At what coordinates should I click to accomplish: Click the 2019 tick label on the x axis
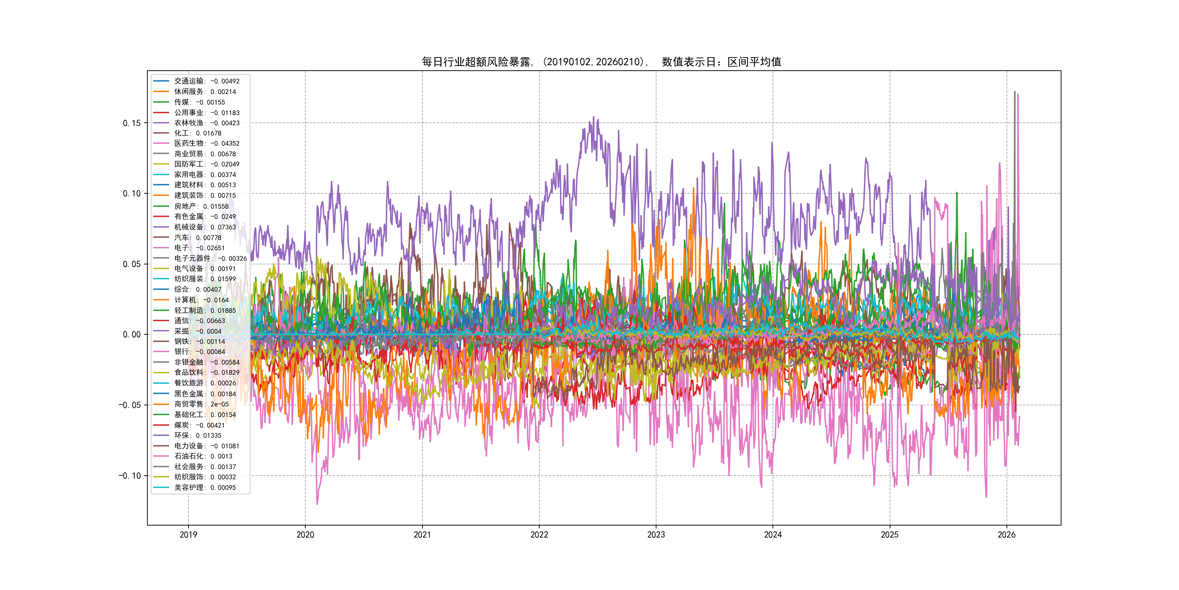pyautogui.click(x=188, y=535)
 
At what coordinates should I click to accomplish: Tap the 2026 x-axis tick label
pyautogui.click(x=1007, y=535)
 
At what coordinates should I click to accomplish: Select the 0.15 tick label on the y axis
pyautogui.click(x=132, y=123)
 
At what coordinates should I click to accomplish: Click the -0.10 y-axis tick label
pyautogui.click(x=130, y=476)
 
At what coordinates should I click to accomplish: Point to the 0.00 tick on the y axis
pyautogui.click(x=132, y=335)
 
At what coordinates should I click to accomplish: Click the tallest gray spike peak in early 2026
pyautogui.click(x=1015, y=92)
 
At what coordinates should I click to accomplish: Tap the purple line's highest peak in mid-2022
pyautogui.click(x=594, y=117)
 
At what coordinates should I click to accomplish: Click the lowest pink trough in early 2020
pyautogui.click(x=317, y=504)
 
